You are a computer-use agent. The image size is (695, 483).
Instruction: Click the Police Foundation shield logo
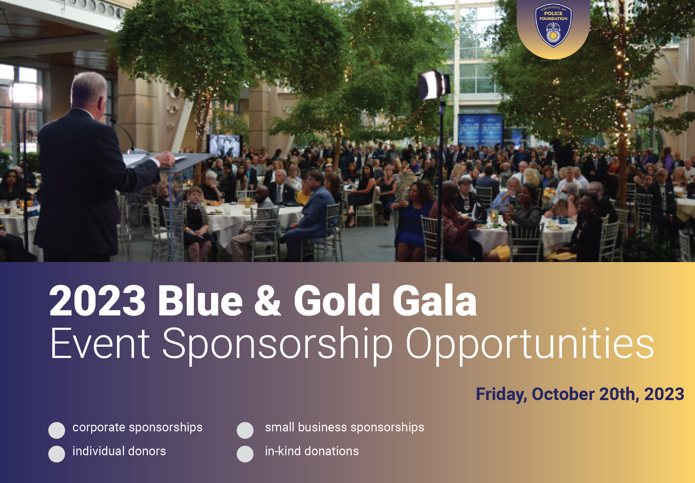pos(553,25)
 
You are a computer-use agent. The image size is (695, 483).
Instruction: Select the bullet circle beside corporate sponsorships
pos(57,430)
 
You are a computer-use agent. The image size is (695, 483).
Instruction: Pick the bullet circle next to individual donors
pos(57,454)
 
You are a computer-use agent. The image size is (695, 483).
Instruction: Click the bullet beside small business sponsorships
pos(245,430)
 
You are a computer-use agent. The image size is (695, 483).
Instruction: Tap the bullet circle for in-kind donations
pos(245,454)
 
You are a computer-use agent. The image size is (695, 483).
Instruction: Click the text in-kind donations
pos(312,451)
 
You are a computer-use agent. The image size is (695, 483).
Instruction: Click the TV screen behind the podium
pos(225,145)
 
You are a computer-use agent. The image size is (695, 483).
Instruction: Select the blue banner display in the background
pos(480,131)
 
